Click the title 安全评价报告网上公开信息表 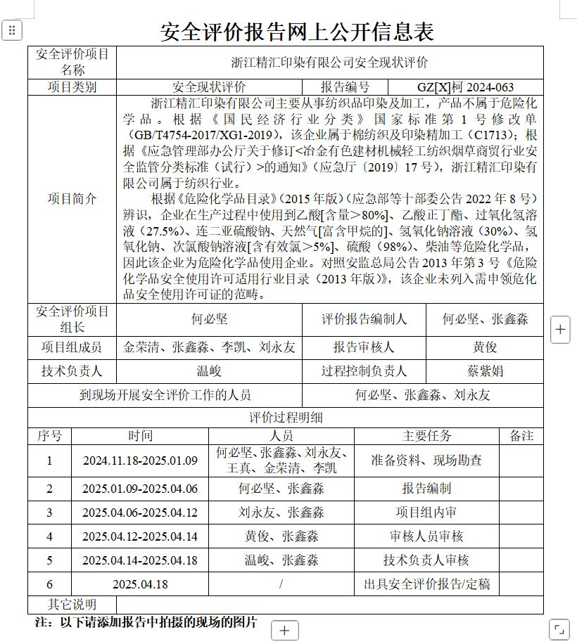[x=297, y=31]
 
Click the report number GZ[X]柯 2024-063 [x=465, y=87]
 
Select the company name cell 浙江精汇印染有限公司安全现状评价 [x=329, y=62]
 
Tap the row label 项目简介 [x=72, y=199]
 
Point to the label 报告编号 [x=345, y=87]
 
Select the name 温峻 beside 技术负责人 [x=209, y=371]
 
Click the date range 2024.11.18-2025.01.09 [x=140, y=461]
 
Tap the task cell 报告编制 [x=426, y=489]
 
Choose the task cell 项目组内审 [x=426, y=513]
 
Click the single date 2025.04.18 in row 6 [x=140, y=584]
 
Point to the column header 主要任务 [x=426, y=436]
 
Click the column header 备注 [x=521, y=436]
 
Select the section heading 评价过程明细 [x=286, y=418]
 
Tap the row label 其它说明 [x=72, y=605]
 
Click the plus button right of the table [x=560, y=329]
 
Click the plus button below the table [x=284, y=631]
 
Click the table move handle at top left [x=13, y=30]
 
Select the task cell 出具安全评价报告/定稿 [x=426, y=584]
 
